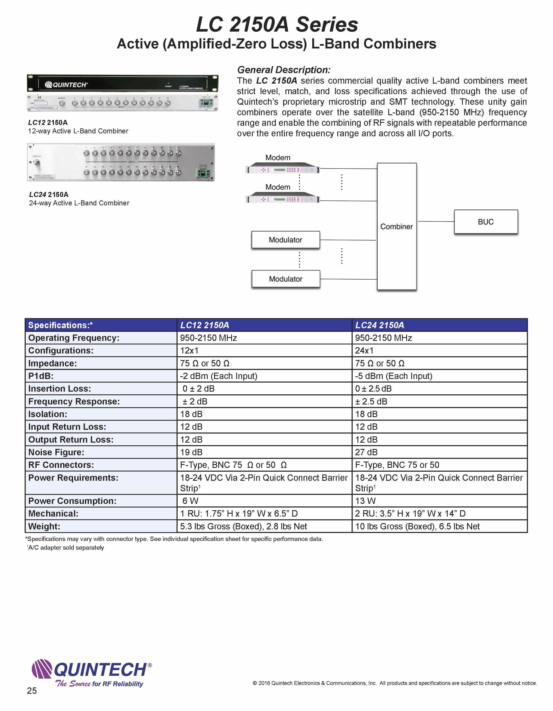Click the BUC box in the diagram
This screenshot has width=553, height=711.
pos(486,222)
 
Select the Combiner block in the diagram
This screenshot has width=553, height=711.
pos(396,227)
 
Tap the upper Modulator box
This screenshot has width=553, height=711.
pos(285,240)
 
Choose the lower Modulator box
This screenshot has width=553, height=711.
pos(285,279)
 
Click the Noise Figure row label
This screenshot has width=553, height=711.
pos(56,452)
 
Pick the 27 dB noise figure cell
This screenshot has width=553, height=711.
pos(366,452)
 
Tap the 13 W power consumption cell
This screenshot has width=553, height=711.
pos(365,501)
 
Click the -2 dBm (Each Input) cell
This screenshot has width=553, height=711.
pos(219,376)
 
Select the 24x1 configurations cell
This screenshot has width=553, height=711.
pos(364,351)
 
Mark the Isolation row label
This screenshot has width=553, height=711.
pos(48,414)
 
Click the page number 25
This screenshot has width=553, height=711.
pos(32,691)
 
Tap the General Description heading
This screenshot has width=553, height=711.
pos(284,70)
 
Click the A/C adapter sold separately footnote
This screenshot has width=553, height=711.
pos(66,548)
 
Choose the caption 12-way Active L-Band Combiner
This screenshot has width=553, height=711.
pos(78,131)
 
